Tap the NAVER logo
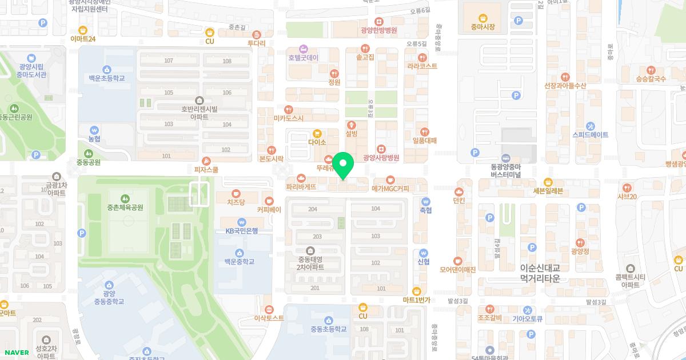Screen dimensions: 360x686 pos(16,353)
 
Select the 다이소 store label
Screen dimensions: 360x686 pos(317,142)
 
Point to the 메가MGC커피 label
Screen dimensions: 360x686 pos(390,187)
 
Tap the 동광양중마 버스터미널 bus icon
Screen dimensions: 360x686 pos(505,158)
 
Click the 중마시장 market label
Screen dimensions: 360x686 pos(482,26)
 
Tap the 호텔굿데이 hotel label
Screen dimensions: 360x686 pos(304,58)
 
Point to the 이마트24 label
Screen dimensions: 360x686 pos(83,39)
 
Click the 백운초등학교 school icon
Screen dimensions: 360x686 pos(107,69)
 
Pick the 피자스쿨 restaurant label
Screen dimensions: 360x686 pos(206,170)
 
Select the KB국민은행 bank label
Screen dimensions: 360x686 pos(242,230)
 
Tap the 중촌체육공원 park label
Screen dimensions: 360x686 pos(125,207)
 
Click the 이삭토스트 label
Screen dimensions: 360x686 pos(269,318)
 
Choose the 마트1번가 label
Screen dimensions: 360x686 pos(416,299)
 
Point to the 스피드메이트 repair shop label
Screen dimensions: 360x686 pos(591,135)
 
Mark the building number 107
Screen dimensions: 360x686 pos(169,61)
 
